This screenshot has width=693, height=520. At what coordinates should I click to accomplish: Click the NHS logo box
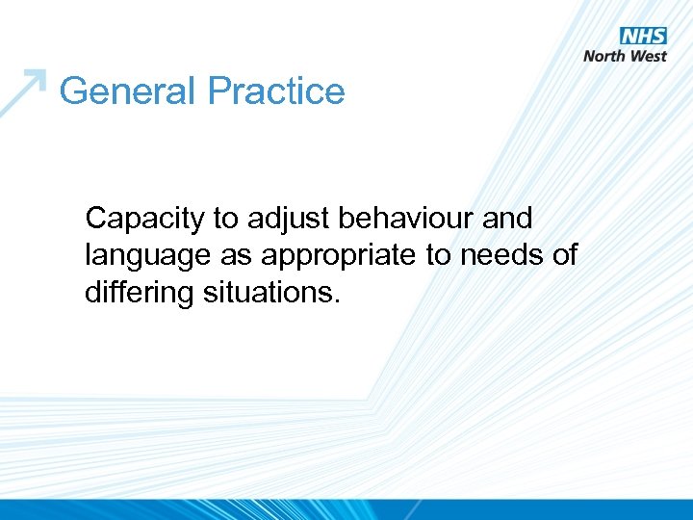pyautogui.click(x=643, y=36)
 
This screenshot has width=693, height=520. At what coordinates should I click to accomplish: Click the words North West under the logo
pyautogui.click(x=625, y=56)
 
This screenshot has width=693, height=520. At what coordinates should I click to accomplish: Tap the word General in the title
pyautogui.click(x=128, y=91)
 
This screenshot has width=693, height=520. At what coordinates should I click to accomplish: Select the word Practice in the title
pyautogui.click(x=276, y=91)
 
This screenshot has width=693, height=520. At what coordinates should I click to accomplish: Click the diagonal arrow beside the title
pyautogui.click(x=25, y=91)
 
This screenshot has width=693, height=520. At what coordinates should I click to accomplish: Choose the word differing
pyautogui.click(x=139, y=292)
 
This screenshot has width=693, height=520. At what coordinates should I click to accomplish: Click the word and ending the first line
pyautogui.click(x=507, y=219)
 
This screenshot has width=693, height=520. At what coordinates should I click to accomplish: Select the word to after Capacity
pyautogui.click(x=225, y=220)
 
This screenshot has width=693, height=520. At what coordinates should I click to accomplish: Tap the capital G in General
pyautogui.click(x=73, y=91)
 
